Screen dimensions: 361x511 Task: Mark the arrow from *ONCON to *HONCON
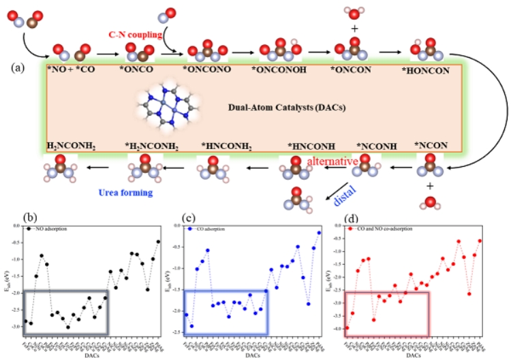tap(390, 51)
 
